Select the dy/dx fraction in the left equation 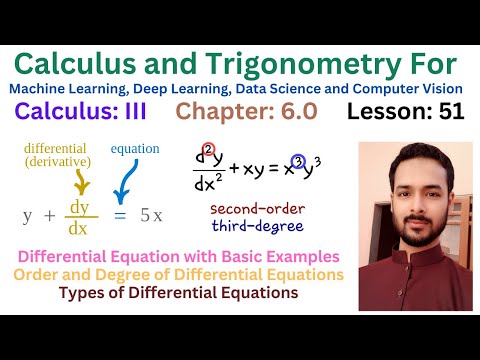(x=81, y=215)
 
